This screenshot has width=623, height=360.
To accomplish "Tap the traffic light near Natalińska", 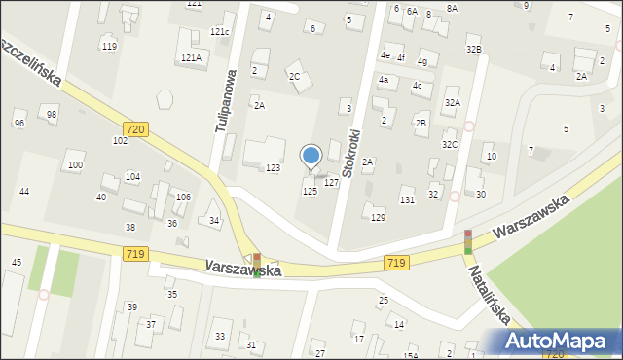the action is click(x=467, y=241).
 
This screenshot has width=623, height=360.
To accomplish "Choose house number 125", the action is click(x=310, y=192).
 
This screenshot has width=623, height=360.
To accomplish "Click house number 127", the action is click(x=331, y=183).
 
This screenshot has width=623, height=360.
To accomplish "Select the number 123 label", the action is click(x=274, y=169).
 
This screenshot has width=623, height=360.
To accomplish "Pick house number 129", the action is click(x=378, y=218).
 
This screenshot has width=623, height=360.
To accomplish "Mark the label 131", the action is click(x=407, y=199).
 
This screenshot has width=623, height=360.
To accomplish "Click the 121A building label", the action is click(x=190, y=58).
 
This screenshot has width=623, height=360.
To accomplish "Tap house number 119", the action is click(x=109, y=47).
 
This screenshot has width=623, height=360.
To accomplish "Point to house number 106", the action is click(x=182, y=197).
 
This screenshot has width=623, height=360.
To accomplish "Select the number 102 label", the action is click(x=120, y=141).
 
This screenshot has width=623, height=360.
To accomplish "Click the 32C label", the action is click(x=449, y=145).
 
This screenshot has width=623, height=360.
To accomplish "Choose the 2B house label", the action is click(x=421, y=123).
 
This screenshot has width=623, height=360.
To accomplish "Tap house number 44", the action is click(x=24, y=191).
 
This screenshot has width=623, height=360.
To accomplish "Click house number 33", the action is click(x=220, y=337).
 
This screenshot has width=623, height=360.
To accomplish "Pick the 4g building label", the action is click(x=421, y=61).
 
